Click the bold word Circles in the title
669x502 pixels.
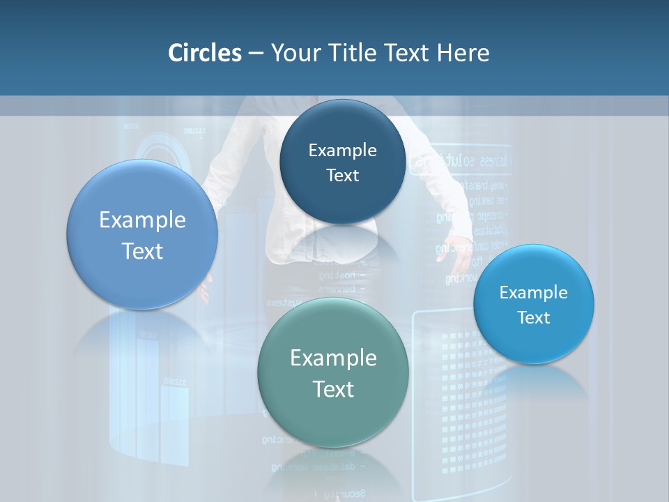tap(204, 53)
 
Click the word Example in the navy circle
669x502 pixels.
tap(343, 150)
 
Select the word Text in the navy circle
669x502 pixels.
tap(343, 175)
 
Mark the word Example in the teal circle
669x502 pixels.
tap(333, 358)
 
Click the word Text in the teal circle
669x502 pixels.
tap(333, 389)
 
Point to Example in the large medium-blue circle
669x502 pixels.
tap(142, 220)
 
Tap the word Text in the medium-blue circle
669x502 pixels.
tap(142, 251)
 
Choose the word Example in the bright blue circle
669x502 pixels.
tap(534, 292)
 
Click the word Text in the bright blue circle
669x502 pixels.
tap(534, 317)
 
